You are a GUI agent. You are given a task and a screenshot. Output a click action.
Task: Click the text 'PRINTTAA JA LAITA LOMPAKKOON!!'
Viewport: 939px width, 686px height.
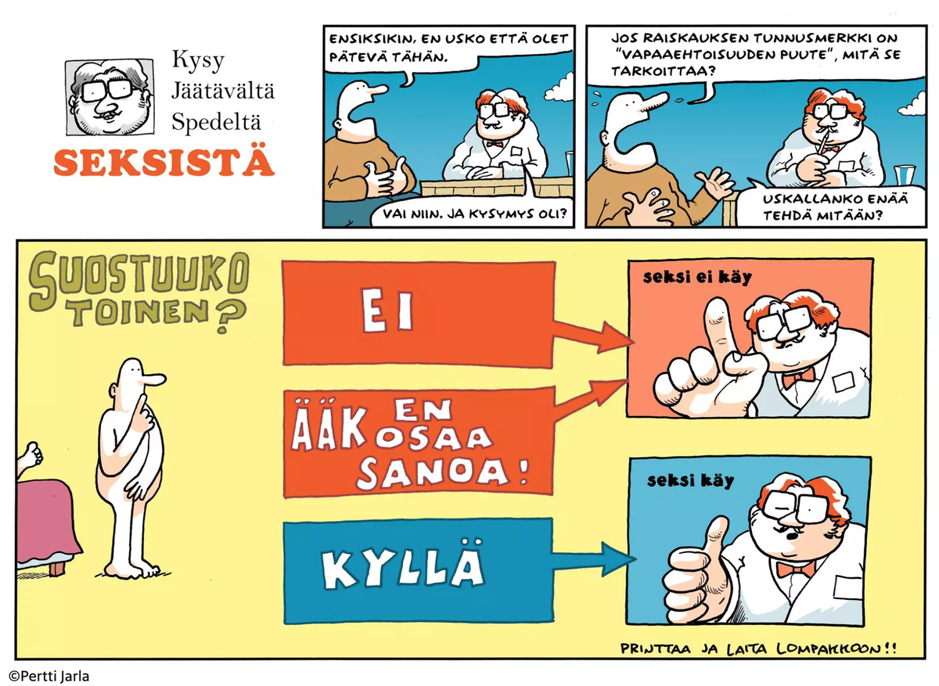point(757,648)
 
